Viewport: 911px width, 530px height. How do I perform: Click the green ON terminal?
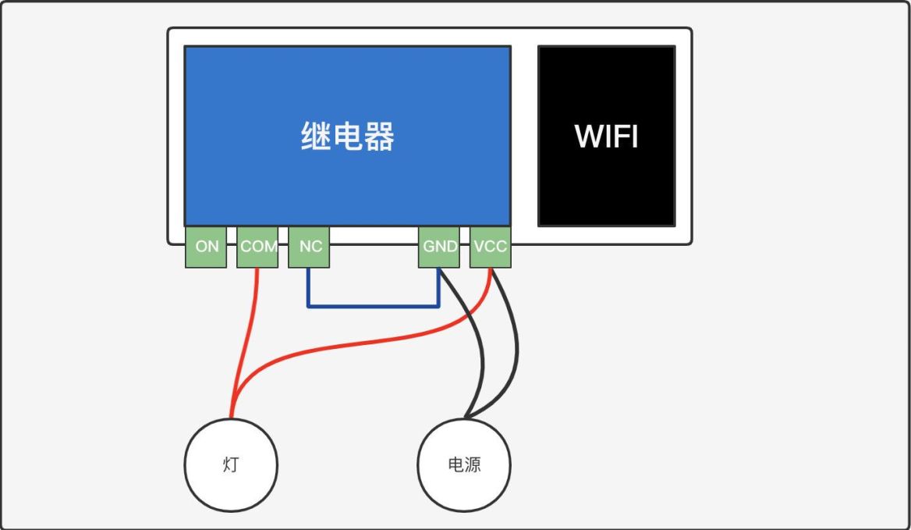pyautogui.click(x=206, y=247)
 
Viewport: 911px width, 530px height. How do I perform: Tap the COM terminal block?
pyautogui.click(x=257, y=247)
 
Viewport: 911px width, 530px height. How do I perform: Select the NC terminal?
pyautogui.click(x=310, y=247)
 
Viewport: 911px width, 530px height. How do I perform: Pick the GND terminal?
pyautogui.click(x=440, y=247)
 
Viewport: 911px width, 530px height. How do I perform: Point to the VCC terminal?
pyautogui.click(x=490, y=247)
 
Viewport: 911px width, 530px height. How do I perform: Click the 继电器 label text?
pyautogui.click(x=348, y=137)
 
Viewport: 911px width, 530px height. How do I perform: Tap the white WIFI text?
pyautogui.click(x=606, y=137)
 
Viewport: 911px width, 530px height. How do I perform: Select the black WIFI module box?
pyautogui.click(x=606, y=187)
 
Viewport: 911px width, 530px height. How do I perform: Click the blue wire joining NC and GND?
pyautogui.click(x=373, y=306)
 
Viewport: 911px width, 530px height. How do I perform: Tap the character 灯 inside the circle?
pyautogui.click(x=231, y=466)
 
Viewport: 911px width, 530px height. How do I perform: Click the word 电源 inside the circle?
pyautogui.click(x=465, y=465)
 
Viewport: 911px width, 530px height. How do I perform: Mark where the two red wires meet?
pyautogui.click(x=232, y=412)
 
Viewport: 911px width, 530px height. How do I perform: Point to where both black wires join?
pyautogui.click(x=466, y=415)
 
